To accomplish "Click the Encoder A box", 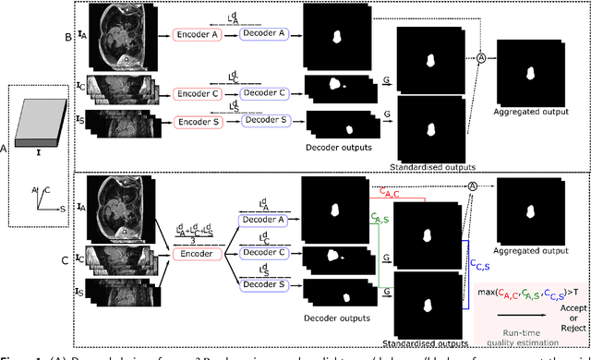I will pyautogui.click(x=196, y=34).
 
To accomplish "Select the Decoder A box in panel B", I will pyautogui.click(x=265, y=34).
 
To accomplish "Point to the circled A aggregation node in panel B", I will pyautogui.click(x=481, y=57).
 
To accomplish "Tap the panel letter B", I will pyautogui.click(x=81, y=38).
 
